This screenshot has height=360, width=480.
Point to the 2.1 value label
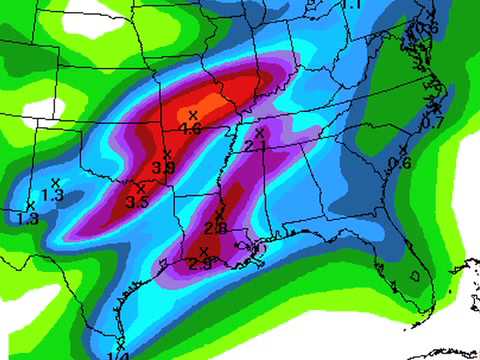(x=254, y=146)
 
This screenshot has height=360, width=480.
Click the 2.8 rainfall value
(x=216, y=229)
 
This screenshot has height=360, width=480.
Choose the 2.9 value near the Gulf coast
(x=200, y=264)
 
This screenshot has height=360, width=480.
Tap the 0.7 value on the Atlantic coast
(x=432, y=123)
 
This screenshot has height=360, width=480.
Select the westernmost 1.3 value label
(x=28, y=218)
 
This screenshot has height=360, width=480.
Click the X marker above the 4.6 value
(x=193, y=116)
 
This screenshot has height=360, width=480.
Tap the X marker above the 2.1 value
(x=259, y=132)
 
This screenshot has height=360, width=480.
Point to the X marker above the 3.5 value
(x=141, y=187)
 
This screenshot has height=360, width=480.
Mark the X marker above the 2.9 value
(x=204, y=250)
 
